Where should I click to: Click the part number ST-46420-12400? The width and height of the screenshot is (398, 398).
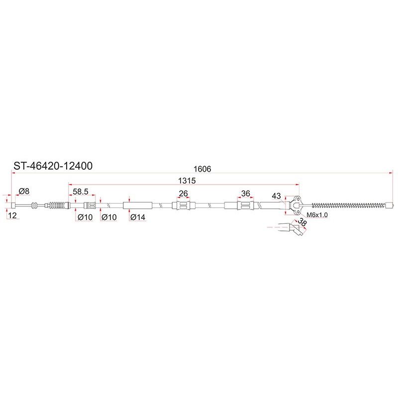(53, 166)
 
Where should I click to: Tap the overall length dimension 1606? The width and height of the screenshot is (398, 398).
(202, 169)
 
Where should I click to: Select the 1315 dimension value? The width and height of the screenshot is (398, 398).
(187, 181)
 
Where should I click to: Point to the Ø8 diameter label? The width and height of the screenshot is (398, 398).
(24, 191)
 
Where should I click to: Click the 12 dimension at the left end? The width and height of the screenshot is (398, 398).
(12, 215)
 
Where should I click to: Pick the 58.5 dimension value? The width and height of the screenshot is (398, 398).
(81, 192)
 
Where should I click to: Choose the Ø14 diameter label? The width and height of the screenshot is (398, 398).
(138, 217)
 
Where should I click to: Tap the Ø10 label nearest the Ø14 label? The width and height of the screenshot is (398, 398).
(109, 217)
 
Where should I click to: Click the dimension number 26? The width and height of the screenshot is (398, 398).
(183, 194)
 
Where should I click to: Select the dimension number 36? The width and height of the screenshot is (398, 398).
(245, 194)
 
